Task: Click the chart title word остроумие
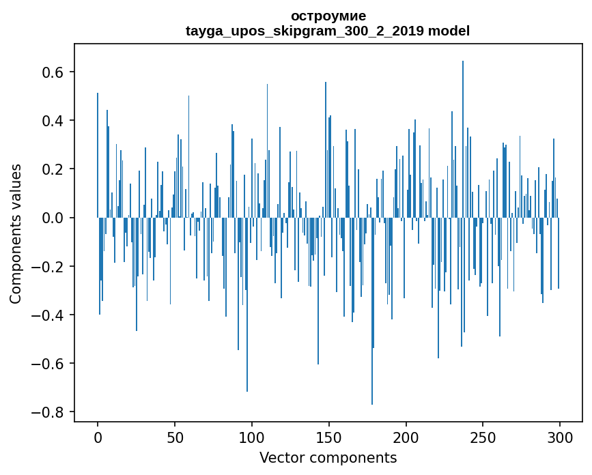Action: point(328,16)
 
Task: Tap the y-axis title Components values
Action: point(16,233)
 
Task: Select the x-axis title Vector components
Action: point(328,457)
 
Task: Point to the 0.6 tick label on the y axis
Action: point(53,72)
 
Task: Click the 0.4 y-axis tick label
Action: point(53,121)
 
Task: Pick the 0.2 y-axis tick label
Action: point(53,169)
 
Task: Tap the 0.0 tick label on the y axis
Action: point(53,218)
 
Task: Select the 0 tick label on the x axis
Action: point(98,436)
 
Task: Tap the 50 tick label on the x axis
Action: point(175,436)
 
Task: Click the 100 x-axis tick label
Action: point(252,436)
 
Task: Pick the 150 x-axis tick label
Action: point(329,436)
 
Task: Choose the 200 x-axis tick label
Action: point(406,436)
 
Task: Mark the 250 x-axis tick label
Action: point(483,436)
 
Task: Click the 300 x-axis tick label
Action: point(560,436)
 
